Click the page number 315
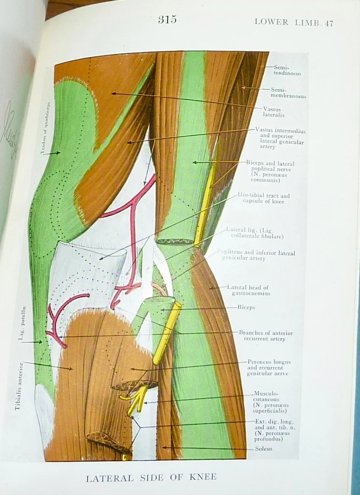(x=167, y=20)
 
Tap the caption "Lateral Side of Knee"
(x=151, y=477)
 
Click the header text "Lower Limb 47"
(x=293, y=22)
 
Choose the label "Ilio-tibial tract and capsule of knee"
(x=266, y=198)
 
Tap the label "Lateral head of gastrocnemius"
(x=247, y=290)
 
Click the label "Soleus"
(x=263, y=449)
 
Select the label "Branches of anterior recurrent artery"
(x=265, y=336)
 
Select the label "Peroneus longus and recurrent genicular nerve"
(x=268, y=368)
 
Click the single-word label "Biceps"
(x=246, y=307)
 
